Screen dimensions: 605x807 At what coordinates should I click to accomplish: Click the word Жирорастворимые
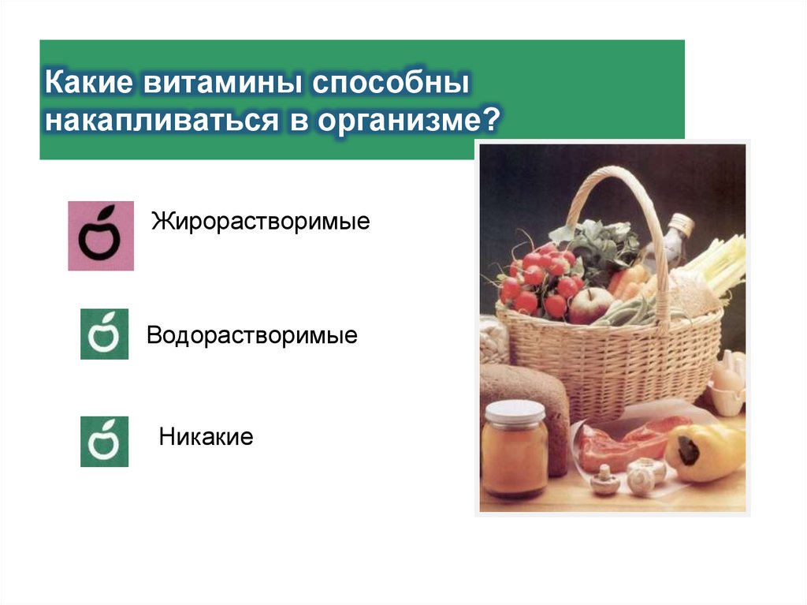click(x=261, y=220)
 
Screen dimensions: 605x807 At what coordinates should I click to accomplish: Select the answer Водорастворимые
click(x=252, y=336)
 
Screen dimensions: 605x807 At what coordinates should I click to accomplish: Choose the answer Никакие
click(x=206, y=436)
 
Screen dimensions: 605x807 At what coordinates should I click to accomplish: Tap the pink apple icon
click(x=101, y=236)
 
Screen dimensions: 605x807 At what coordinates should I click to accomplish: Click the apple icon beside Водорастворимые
click(x=104, y=334)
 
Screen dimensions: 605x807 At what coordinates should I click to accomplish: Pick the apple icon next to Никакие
click(x=104, y=442)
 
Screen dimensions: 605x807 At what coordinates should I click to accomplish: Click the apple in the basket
click(x=590, y=305)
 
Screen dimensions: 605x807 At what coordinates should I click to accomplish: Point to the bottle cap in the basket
click(x=680, y=223)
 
